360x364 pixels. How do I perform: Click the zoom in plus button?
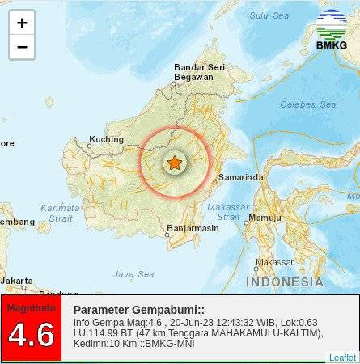click(22, 23)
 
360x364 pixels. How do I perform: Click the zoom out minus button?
click(22, 47)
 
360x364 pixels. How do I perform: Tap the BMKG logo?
click(331, 30)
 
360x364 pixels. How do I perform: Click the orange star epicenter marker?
click(174, 163)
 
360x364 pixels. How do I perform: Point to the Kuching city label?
click(106, 139)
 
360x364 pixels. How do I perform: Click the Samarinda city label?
click(240, 177)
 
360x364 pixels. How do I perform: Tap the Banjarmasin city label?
click(192, 229)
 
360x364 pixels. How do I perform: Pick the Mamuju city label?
click(265, 218)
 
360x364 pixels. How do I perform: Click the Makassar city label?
click(274, 262)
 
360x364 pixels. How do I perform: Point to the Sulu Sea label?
click(269, 15)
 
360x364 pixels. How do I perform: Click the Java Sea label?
click(133, 274)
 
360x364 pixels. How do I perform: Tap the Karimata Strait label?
click(60, 213)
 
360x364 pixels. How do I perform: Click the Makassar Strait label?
click(228, 211)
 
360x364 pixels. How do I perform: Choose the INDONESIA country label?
click(284, 282)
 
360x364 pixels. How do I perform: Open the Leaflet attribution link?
click(342, 358)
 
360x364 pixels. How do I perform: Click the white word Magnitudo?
click(31, 307)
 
